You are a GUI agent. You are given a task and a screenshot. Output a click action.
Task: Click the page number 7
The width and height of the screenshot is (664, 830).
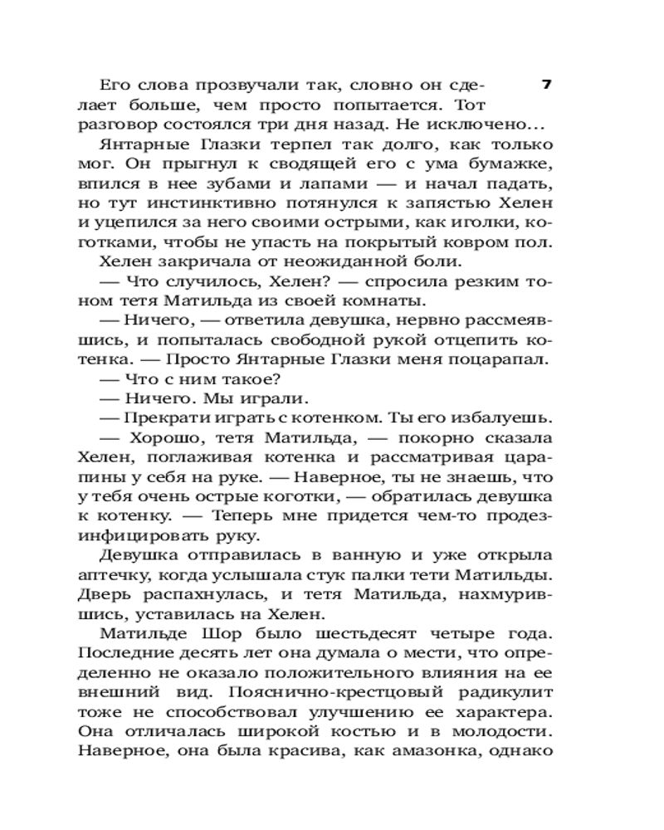tap(545, 85)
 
